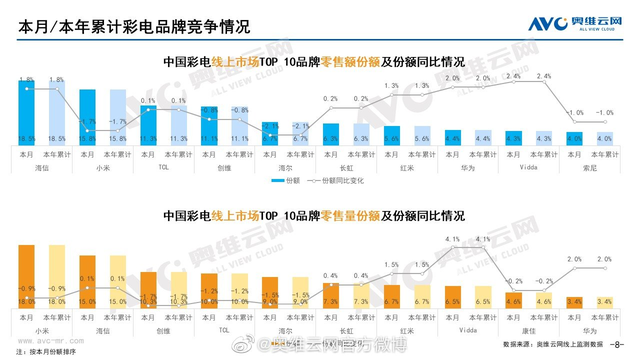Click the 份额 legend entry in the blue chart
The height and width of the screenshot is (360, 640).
pyautogui.click(x=320, y=181)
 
